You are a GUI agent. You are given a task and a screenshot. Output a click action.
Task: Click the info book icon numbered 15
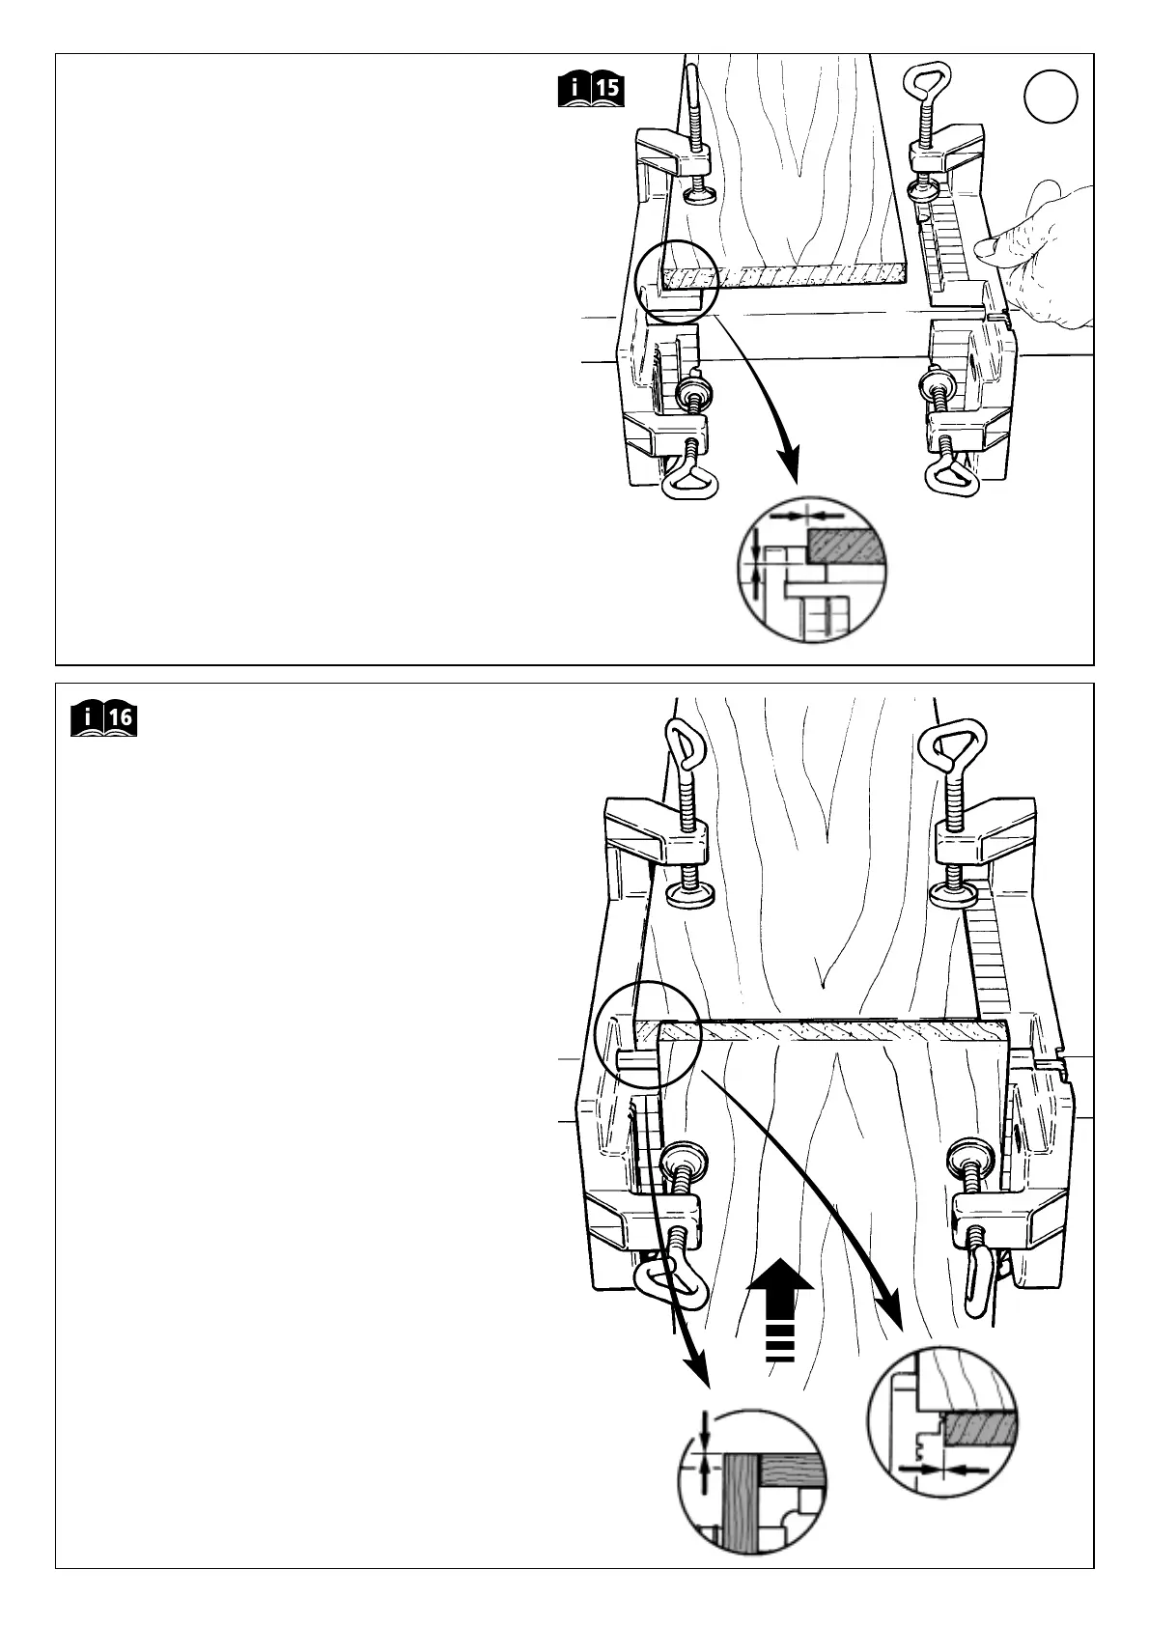pos(592,90)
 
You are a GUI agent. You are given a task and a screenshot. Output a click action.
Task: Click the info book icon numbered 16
pos(105,720)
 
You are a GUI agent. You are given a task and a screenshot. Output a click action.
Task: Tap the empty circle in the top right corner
pos(1051,98)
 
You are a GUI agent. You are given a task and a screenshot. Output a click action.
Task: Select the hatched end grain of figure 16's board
pos(830,1031)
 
